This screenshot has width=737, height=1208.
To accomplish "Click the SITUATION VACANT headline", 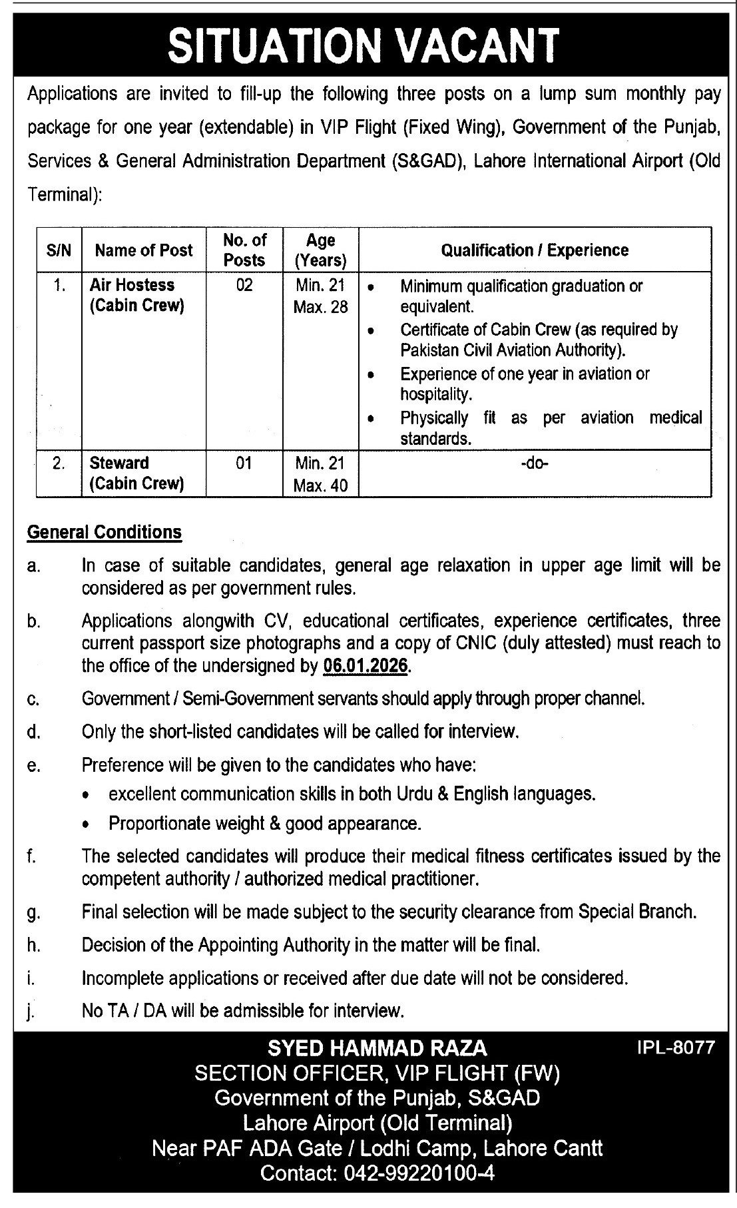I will point(363,45).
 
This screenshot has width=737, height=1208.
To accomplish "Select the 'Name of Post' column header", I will point(143,250).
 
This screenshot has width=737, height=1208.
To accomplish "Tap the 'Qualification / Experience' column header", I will point(534,250).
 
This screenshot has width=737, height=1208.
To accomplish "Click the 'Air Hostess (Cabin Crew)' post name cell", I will point(136,295).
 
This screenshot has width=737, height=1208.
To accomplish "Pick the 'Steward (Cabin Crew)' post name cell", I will point(136,473).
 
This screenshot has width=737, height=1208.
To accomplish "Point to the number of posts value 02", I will point(244,285).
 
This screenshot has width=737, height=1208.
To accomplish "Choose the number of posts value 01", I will point(244,463).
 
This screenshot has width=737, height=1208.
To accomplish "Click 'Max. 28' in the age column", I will point(320,307).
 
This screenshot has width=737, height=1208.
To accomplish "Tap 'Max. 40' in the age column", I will point(320,485).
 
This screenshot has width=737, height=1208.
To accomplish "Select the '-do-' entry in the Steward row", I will point(534,463).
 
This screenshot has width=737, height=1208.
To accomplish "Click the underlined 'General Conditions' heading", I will point(104,532).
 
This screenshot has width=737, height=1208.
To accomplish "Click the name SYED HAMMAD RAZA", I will point(377,1048).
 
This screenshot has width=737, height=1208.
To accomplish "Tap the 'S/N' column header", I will point(59,250).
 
